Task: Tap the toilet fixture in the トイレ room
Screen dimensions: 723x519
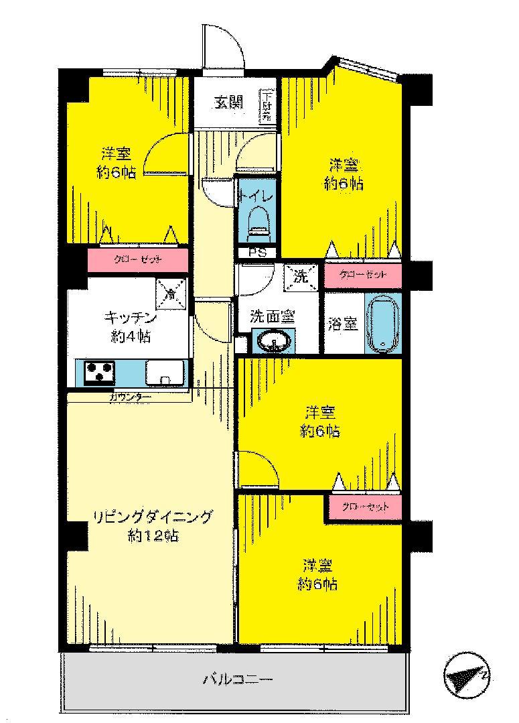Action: [257, 222]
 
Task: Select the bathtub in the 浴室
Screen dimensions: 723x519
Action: [382, 324]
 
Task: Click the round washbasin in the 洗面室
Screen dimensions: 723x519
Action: [274, 342]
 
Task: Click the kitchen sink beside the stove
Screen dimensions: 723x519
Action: [163, 373]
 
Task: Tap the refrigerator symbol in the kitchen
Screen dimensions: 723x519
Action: [171, 291]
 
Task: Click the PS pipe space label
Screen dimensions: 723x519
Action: [257, 253]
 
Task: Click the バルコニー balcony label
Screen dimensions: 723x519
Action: [237, 681]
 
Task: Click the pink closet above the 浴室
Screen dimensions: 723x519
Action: [362, 275]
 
